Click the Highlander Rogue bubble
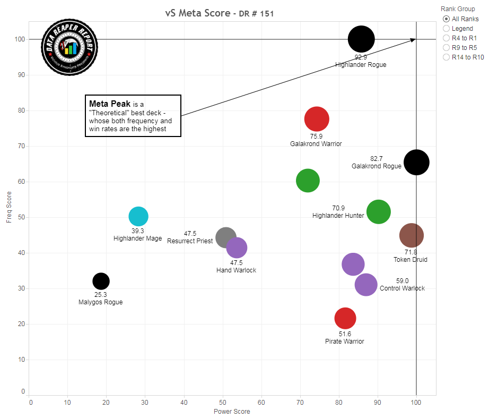tap(361, 39)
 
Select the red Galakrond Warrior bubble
tap(317, 119)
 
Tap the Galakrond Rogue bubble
tap(416, 162)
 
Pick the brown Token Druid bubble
tap(411, 236)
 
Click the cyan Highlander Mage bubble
tap(138, 216)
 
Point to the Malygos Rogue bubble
tap(101, 281)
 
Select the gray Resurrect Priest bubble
tap(225, 237)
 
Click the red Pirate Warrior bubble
tap(345, 318)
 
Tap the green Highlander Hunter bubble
tap(378, 212)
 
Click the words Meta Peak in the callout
tap(109, 103)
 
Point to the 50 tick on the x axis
tap(223, 402)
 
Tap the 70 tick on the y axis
tap(22, 146)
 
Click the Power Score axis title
tap(232, 411)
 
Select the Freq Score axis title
tap(8, 208)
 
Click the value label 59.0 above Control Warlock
tap(402, 281)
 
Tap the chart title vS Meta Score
tap(197, 13)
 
